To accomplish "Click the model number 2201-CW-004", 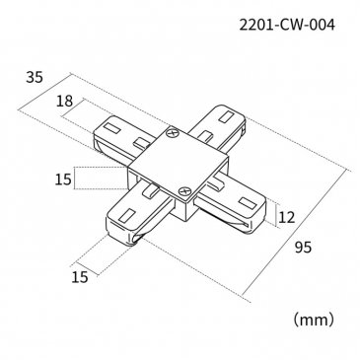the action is (x=287, y=25).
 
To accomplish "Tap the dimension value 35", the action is (x=35, y=78).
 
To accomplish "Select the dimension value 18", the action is (x=64, y=101).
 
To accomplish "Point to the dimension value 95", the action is (x=303, y=248).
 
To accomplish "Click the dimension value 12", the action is (x=287, y=217).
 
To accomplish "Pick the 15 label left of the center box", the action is (x=63, y=180).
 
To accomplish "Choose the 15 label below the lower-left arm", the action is (x=80, y=277).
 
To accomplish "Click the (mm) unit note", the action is (x=314, y=320).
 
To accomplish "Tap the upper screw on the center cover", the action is (x=173, y=134).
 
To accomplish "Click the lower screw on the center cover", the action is (x=184, y=191).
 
